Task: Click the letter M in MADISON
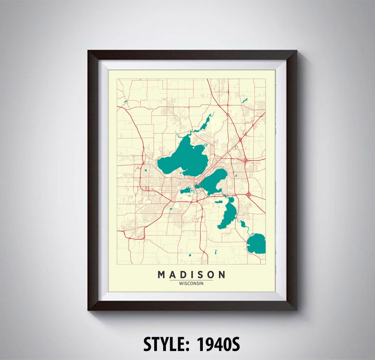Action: pos(161,275)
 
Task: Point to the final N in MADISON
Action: pos(222,275)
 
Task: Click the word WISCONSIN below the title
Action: pos(191,283)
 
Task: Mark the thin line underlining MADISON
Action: pos(191,280)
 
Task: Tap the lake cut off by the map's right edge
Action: pos(257,243)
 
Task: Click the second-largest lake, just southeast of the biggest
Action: pos(214,181)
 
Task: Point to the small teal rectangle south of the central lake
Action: pos(219,202)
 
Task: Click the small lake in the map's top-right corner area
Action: pos(245,101)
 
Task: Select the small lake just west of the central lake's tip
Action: pos(187,190)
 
